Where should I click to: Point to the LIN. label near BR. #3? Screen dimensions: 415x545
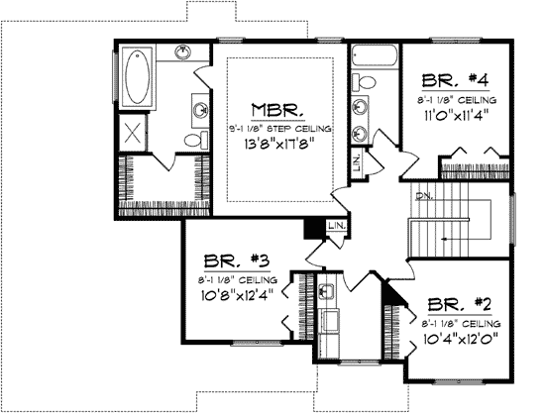pyautogui.click(x=337, y=228)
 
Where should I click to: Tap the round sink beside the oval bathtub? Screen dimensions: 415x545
pyautogui.click(x=184, y=51)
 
